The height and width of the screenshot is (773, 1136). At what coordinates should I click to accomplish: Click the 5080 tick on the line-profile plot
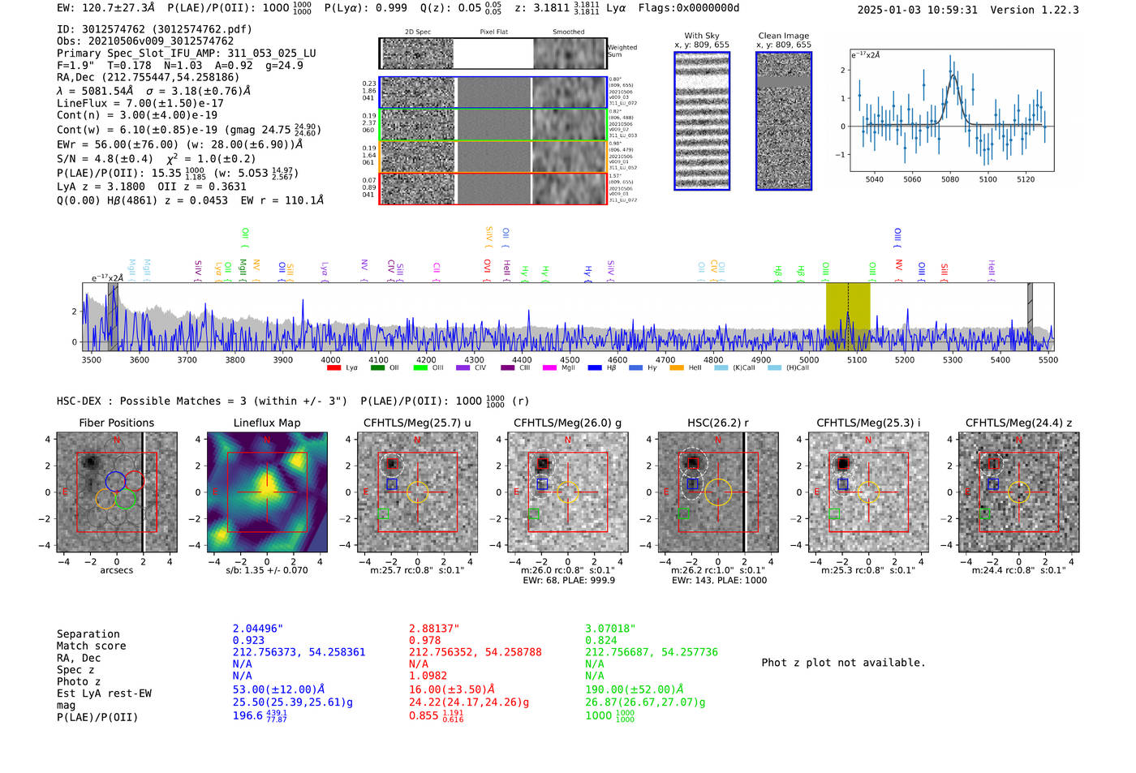[x=950, y=178]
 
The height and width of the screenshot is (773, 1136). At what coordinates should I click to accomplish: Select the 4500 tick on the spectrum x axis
[x=570, y=359]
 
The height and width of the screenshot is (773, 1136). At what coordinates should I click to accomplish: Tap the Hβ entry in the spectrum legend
[x=601, y=367]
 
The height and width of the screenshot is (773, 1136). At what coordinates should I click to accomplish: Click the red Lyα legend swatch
[x=333, y=367]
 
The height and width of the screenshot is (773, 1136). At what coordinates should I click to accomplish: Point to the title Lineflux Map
[x=266, y=423]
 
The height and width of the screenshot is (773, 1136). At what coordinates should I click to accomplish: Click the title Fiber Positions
[x=116, y=423]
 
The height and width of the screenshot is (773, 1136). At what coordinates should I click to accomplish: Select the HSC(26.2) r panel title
[x=717, y=423]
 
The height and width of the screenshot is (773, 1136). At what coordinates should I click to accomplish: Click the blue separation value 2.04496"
[x=258, y=629]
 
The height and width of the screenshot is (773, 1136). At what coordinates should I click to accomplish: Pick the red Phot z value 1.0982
[x=429, y=675]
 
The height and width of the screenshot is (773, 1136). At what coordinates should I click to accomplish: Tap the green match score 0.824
[x=601, y=640]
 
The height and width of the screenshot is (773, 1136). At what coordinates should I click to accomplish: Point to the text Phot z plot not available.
[x=843, y=663]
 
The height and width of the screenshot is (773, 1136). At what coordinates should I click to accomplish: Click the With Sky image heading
[x=702, y=36]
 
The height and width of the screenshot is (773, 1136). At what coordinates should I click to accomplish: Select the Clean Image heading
[x=783, y=36]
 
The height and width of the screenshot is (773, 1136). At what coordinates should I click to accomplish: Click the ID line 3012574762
[x=154, y=29]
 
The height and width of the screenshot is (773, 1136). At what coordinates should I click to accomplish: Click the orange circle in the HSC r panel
[x=717, y=492]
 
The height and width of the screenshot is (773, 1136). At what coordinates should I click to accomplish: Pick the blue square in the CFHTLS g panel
[x=542, y=483]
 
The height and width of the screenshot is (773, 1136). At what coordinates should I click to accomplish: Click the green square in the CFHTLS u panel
[x=384, y=513]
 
